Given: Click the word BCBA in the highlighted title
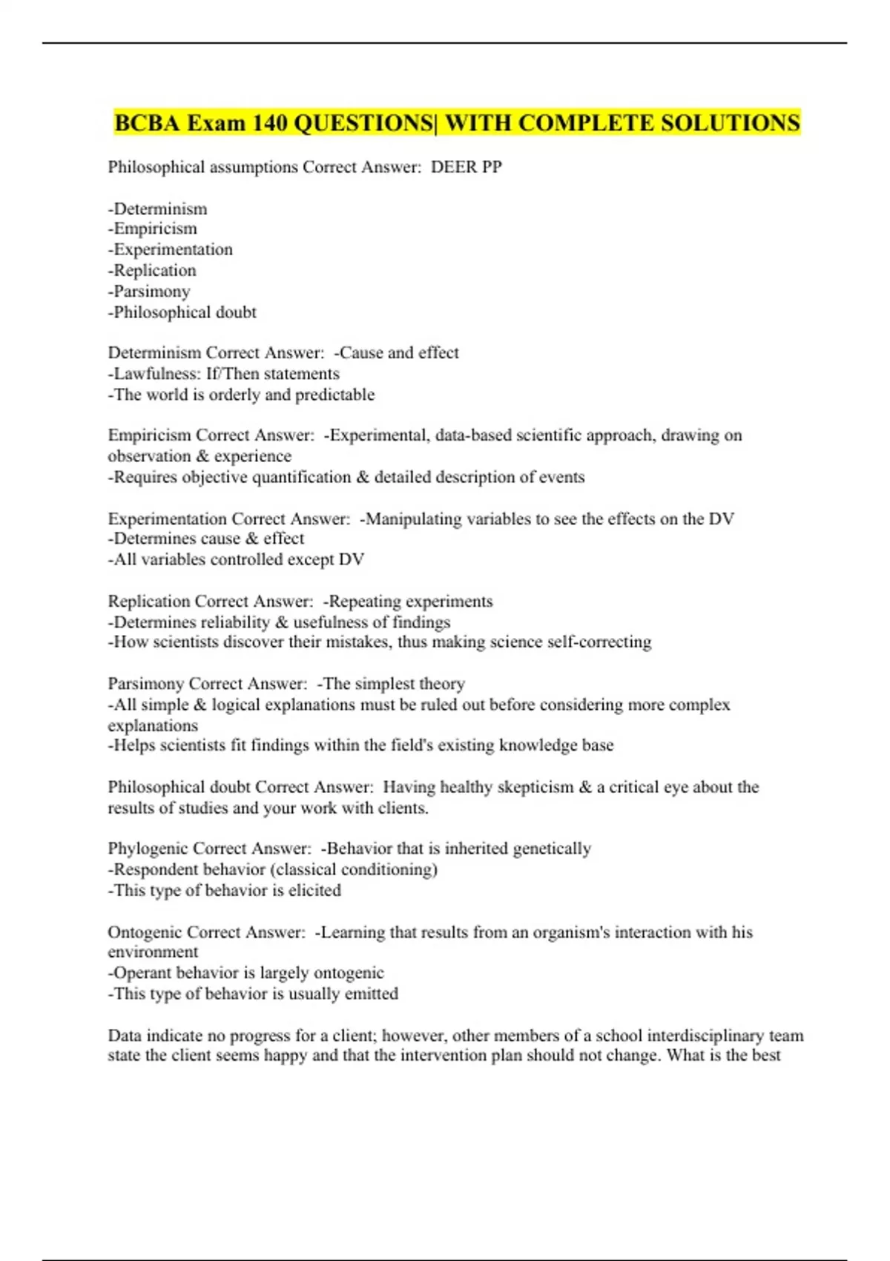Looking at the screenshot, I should click(x=147, y=122).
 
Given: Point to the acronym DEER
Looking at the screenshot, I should click(x=454, y=167).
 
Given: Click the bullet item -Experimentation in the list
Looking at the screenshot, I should click(x=171, y=249).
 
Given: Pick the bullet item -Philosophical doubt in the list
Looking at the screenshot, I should click(x=182, y=312).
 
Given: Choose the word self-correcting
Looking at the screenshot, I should click(x=599, y=642).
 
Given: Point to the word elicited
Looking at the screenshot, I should click(x=314, y=890).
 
